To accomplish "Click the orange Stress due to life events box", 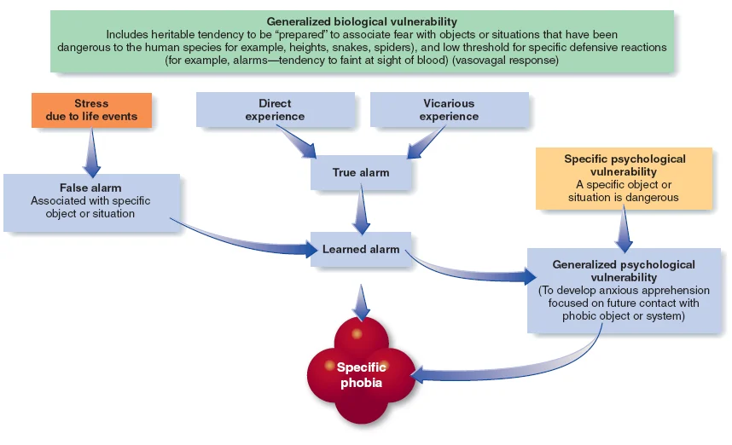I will [x=92, y=110].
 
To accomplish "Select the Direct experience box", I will [x=275, y=110].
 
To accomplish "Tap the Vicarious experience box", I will [x=449, y=110].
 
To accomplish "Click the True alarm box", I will [x=361, y=173].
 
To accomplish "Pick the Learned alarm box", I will [x=361, y=250].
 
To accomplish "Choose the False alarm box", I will [x=90, y=201].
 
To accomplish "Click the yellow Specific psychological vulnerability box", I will [x=624, y=178].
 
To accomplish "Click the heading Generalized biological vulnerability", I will [x=362, y=21].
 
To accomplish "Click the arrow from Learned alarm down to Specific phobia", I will [x=362, y=300].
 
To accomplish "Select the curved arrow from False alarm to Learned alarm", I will [x=247, y=242].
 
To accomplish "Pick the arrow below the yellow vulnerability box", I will [x=625, y=228].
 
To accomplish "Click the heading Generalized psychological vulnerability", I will [x=624, y=271].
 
